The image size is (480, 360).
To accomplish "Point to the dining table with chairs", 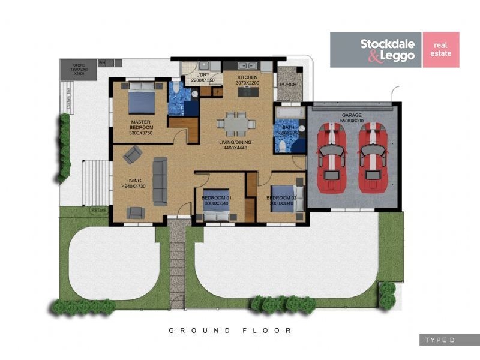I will (x=231, y=123).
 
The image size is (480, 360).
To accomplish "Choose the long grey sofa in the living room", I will (x=160, y=180).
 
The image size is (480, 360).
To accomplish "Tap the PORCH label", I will (x=288, y=85).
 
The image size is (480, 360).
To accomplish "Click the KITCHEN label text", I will (x=247, y=77).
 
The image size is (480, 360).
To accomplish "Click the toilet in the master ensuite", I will (x=175, y=90).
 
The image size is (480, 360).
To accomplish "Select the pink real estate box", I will (x=441, y=50).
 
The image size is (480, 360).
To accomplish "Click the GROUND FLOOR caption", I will (x=230, y=331).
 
